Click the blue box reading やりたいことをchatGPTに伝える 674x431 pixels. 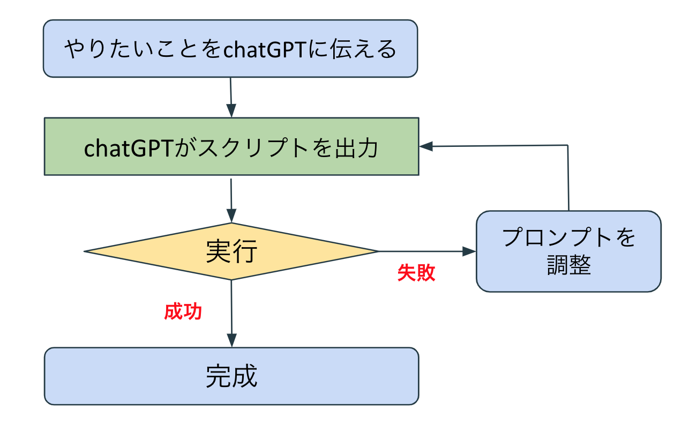click(x=230, y=49)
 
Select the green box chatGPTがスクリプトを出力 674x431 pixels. click(x=231, y=146)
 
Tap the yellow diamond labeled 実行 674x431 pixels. click(x=231, y=251)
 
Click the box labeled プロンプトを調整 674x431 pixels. click(x=568, y=251)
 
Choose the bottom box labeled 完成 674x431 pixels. click(x=231, y=376)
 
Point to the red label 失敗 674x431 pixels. click(x=416, y=272)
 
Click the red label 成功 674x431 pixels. click(x=183, y=311)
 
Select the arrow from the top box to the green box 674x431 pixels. click(x=231, y=97)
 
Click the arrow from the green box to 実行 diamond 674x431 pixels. click(x=231, y=199)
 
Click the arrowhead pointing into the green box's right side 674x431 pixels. click(x=426, y=146)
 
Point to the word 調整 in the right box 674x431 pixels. click(x=569, y=265)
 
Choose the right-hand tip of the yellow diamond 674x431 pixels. click(x=378, y=251)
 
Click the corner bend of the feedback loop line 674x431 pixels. click(x=567, y=145)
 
